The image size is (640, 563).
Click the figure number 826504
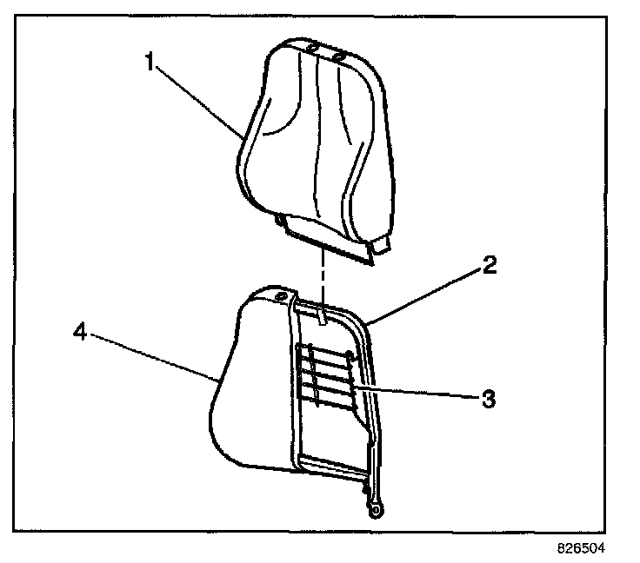click(x=580, y=549)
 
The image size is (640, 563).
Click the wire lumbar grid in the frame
click(x=326, y=374)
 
